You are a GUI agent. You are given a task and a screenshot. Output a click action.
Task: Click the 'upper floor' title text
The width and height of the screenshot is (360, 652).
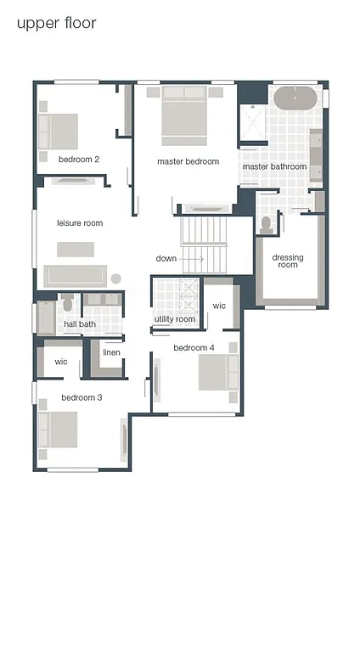[56, 23]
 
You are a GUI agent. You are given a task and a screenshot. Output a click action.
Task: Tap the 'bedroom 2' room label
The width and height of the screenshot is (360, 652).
[79, 160]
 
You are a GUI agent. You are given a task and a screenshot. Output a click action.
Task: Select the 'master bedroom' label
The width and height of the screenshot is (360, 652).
[188, 161]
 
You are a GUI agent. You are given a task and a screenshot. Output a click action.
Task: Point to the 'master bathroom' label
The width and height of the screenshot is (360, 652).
[274, 167]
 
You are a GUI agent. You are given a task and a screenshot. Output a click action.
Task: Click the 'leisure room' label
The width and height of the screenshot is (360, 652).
[80, 223]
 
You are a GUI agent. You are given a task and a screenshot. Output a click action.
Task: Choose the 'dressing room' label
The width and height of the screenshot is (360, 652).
[288, 261]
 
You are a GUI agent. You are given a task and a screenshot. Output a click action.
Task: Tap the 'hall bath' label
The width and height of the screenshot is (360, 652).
[80, 324]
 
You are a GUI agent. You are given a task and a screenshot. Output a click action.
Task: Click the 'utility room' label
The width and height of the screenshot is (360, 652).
[175, 319]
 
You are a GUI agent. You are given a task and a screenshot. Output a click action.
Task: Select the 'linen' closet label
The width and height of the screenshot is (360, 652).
[111, 353]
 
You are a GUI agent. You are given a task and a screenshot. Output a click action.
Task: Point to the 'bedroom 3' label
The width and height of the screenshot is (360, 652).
[82, 397]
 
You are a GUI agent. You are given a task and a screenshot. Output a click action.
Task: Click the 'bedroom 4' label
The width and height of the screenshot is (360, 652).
[194, 348]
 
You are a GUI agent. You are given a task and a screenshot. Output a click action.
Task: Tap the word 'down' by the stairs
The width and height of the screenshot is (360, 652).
[166, 258]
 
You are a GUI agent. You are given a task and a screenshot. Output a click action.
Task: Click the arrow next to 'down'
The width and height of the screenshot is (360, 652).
[192, 258]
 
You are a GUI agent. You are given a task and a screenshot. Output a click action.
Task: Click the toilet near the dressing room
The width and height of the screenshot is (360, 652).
[267, 224]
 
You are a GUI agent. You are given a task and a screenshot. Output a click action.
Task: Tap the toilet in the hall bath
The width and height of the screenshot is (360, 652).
[67, 304]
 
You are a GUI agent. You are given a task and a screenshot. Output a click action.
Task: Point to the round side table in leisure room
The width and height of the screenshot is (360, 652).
[116, 278]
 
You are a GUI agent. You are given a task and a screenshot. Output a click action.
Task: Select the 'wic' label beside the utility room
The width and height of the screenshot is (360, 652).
[219, 306]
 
